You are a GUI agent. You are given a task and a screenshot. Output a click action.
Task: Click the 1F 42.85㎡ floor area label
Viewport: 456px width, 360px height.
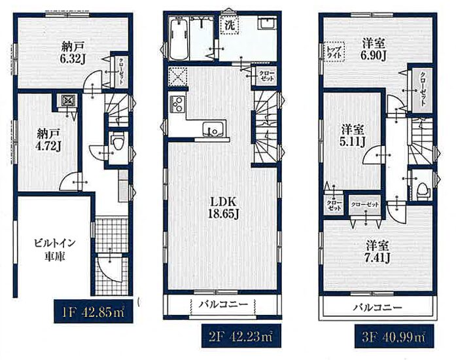click(x=94, y=311)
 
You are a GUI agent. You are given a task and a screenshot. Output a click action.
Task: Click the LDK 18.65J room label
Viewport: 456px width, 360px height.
click(x=223, y=207)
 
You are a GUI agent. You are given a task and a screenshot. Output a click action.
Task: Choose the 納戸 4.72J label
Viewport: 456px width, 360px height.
click(x=48, y=140)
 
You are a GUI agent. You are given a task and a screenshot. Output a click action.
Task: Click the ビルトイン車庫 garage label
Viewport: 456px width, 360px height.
click(x=55, y=249)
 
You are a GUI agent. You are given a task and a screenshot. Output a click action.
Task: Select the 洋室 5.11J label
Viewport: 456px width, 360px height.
click(x=353, y=135)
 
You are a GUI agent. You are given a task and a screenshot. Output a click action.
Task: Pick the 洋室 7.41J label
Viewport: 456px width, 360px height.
click(x=377, y=252)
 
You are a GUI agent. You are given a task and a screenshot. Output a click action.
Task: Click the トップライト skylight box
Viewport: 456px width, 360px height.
click(x=334, y=52)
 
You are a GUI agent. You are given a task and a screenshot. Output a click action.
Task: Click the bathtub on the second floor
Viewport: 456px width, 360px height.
click(x=179, y=39)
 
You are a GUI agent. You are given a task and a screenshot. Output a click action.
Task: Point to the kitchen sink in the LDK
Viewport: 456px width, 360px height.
click(x=214, y=130)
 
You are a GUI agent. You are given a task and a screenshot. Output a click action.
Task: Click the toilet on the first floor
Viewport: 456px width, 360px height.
click(x=118, y=141)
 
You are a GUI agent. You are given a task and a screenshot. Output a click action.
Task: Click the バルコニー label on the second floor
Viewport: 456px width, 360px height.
click(x=223, y=304)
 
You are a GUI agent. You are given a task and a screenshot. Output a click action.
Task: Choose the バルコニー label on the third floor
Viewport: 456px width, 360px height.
click(x=377, y=308)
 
